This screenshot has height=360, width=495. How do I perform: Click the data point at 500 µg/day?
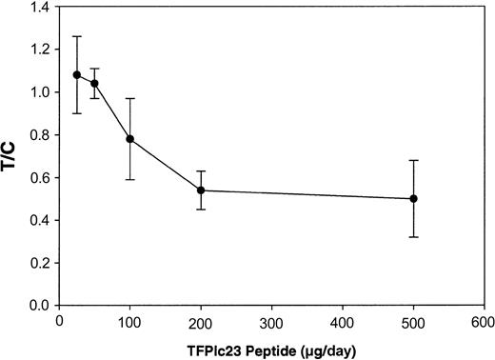tap(413, 199)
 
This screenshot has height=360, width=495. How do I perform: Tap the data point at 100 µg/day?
tap(130, 139)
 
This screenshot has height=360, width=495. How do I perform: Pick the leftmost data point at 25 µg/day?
tap(77, 74)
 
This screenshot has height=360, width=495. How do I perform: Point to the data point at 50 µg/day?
tap(94, 83)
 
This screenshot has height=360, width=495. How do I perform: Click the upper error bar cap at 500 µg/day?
tap(413, 160)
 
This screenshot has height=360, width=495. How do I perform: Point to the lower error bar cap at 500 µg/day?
tap(413, 237)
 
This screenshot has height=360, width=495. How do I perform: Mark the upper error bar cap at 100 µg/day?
tap(130, 98)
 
